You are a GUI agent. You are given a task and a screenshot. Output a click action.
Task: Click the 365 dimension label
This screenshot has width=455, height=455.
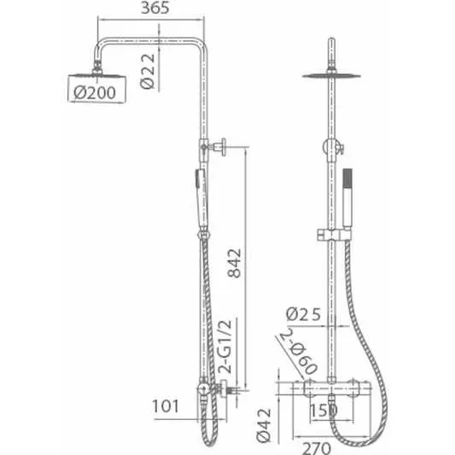pos(155,8)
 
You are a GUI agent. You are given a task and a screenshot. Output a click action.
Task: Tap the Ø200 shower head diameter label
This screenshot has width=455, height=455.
pos(95,93)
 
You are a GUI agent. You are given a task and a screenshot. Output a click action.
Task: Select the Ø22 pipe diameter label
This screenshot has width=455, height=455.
pos(148,71)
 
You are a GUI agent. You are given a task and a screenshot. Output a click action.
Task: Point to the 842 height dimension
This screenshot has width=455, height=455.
pos(235,264)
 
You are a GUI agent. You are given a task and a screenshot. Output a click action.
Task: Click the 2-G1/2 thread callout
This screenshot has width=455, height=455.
pos(225,347)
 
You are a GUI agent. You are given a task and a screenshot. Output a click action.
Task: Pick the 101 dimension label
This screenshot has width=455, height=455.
pos(166,406)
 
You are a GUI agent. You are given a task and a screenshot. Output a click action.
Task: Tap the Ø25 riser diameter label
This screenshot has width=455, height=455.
pos(304,314)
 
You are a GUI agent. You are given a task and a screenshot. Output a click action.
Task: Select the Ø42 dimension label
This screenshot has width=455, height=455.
pos(264,425)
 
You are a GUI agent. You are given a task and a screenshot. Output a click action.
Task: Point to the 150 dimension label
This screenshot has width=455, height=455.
pos(324,411)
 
